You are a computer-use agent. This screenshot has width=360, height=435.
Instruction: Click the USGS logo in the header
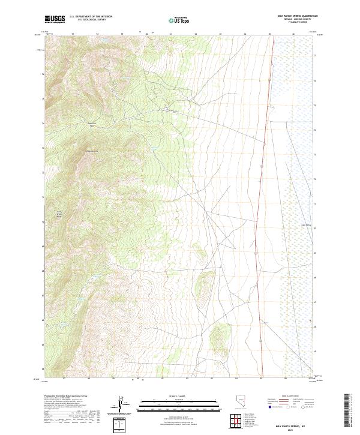pyautogui.click(x=54, y=19)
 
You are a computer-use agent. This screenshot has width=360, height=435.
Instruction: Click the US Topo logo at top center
pyautogui.click(x=180, y=20)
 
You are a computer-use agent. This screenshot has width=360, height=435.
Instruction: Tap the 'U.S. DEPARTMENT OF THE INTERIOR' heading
pyautogui.click(x=91, y=17)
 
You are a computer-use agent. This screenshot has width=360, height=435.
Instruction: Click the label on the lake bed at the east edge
pyautogui.click(x=305, y=226)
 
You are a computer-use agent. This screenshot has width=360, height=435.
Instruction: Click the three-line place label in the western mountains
pyautogui.click(x=59, y=215)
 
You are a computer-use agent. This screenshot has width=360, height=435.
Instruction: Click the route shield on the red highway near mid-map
pyautogui.click(x=262, y=163)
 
